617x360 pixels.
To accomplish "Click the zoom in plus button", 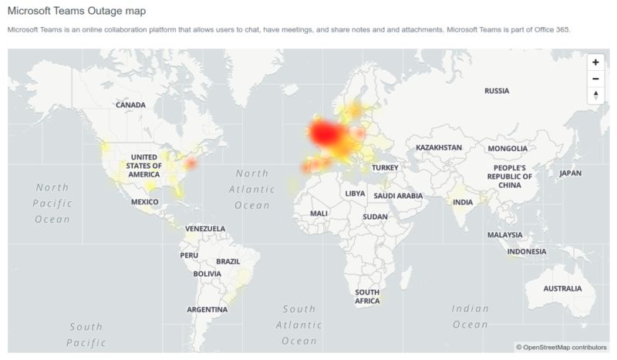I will [x=595, y=62].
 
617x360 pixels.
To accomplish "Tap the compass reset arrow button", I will [x=595, y=95].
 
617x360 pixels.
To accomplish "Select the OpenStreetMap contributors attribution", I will [x=561, y=348].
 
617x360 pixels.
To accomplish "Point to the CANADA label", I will [x=130, y=105].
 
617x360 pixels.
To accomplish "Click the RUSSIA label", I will [x=497, y=91].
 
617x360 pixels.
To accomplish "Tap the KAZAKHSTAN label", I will [x=438, y=147].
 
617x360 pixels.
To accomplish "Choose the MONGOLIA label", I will [x=506, y=147].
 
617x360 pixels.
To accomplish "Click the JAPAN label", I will [x=570, y=173].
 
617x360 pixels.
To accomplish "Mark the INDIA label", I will [x=463, y=203].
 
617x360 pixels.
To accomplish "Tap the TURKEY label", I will [x=383, y=167].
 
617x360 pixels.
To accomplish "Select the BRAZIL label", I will [x=228, y=261].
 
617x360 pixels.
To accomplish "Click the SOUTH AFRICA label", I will [x=366, y=297].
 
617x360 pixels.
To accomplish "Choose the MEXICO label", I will [x=144, y=202].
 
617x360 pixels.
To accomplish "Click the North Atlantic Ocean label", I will [x=252, y=189].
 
